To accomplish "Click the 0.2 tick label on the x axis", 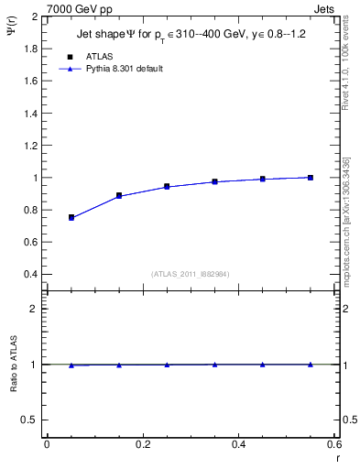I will pos(143,444).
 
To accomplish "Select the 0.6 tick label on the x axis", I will pos(334,444).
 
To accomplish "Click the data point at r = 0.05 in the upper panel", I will pos(71,217).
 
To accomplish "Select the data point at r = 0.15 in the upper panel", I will pos(119,195).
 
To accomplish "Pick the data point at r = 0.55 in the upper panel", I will pos(311,178).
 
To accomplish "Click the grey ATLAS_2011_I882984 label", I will pos(191,274).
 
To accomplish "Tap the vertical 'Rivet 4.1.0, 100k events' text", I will pos(345,64).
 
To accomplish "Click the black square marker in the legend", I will pos(71,56).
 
